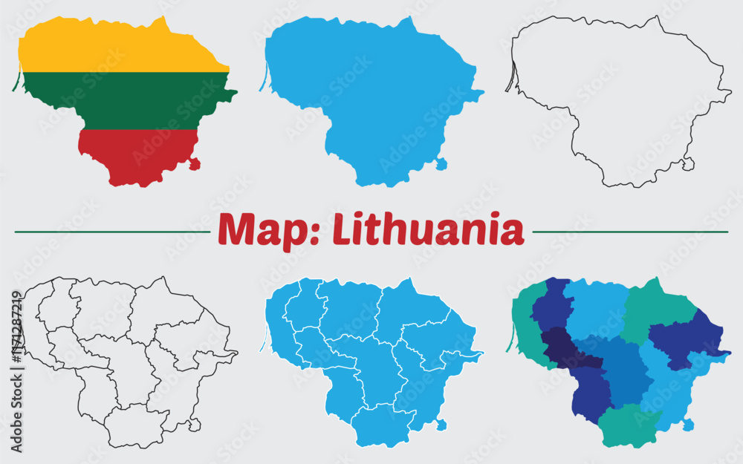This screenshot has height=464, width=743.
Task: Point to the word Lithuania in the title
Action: coord(428,230)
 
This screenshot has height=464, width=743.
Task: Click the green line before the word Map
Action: coord(111,232)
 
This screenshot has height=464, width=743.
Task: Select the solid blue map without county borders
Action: coord(371,97)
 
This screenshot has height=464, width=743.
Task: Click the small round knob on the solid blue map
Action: coord(441,163)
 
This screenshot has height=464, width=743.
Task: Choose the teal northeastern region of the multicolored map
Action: coord(654,308)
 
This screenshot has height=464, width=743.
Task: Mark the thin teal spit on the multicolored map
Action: coord(510,342)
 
